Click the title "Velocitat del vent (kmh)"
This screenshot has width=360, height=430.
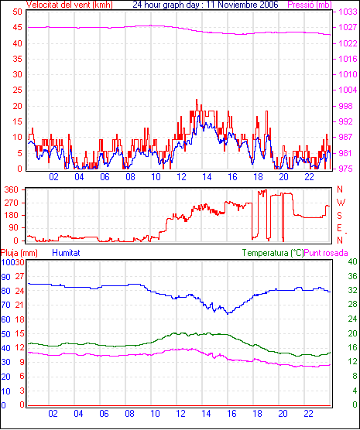[69, 5]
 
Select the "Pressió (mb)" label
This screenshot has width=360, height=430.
[310, 5]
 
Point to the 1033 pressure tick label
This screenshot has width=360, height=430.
[348, 12]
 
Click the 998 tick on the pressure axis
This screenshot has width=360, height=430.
[345, 106]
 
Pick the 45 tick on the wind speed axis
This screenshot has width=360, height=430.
[17, 27]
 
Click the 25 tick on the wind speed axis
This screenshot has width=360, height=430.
[17, 90]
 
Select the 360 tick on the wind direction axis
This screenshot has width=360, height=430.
[12, 189]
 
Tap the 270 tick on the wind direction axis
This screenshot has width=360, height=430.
[12, 203]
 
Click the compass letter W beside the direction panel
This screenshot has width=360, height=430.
[341, 203]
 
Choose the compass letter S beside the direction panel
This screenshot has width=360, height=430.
[339, 216]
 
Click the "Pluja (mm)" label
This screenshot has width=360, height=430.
[19, 253]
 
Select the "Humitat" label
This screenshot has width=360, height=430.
[66, 253]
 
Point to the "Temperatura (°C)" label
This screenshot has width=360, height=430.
[273, 253]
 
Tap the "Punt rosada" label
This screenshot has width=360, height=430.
[326, 253]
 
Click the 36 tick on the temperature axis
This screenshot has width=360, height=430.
[352, 276]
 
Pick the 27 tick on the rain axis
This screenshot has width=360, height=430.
[20, 276]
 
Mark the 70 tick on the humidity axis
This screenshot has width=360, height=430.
[5, 305]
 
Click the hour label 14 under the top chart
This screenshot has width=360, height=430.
[207, 177]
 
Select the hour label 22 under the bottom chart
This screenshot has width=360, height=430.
[308, 414]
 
